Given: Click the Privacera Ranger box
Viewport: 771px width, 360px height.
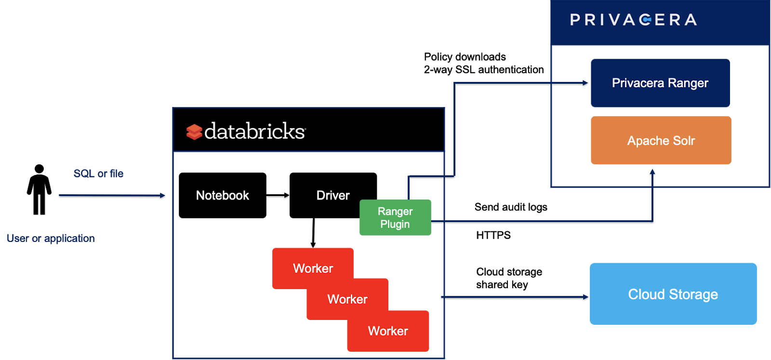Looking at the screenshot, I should [x=660, y=83].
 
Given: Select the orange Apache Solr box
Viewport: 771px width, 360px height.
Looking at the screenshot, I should [x=661, y=140].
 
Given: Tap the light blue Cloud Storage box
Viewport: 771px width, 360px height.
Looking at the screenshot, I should [x=673, y=293].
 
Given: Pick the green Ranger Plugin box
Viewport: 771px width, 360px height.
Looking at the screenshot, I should [x=395, y=217].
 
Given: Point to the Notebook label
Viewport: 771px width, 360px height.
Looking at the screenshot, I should [x=222, y=195].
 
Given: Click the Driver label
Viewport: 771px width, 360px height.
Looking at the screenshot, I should [x=333, y=195].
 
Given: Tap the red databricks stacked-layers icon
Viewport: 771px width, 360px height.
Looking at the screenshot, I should [x=194, y=132].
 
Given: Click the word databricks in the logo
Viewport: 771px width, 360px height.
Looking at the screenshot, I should [x=255, y=131].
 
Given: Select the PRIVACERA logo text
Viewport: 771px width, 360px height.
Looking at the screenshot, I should [x=633, y=20].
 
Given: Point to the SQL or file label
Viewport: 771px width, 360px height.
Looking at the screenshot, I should [x=98, y=173].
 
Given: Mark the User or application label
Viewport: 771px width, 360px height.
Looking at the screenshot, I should [x=51, y=238].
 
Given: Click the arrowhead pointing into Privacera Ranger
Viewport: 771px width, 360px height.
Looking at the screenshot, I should [x=585, y=83].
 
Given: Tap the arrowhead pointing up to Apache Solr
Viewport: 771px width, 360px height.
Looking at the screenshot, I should [x=652, y=172].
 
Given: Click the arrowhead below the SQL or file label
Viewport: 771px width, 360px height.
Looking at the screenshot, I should [x=162, y=195].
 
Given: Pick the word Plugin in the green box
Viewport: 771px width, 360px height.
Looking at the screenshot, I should [x=395, y=224].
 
